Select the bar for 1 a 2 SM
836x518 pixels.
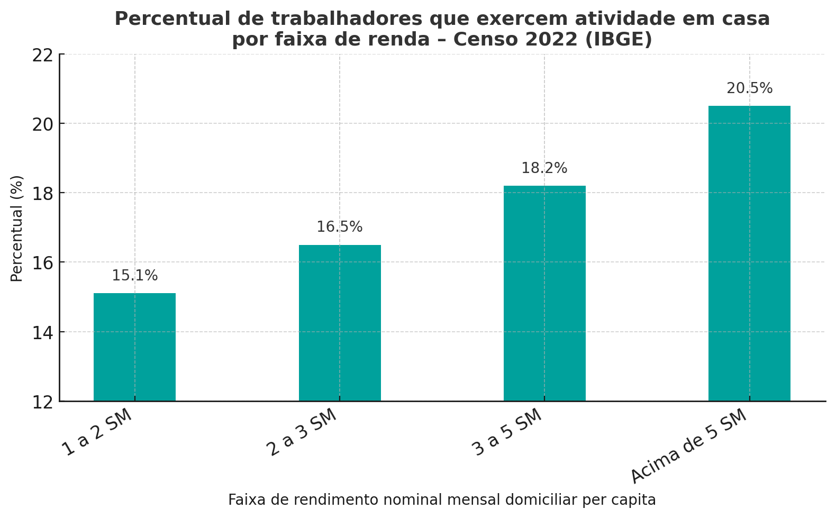pyautogui.click(x=134, y=347)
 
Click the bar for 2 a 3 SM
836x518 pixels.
pyautogui.click(x=340, y=323)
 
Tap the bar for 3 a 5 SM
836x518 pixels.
pyautogui.click(x=544, y=293)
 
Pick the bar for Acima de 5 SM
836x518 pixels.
pyautogui.click(x=749, y=253)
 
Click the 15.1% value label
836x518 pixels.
pyautogui.click(x=134, y=276)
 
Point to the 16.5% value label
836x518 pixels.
pyautogui.click(x=340, y=227)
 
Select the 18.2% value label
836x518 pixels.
pyautogui.click(x=544, y=168)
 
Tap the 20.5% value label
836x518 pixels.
pyautogui.click(x=749, y=88)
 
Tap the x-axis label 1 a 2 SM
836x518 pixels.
pyautogui.click(x=97, y=432)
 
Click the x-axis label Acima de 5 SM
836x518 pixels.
pyautogui.click(x=689, y=446)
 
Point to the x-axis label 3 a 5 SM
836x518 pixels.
pyautogui.click(x=507, y=432)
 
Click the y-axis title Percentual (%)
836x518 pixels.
pyautogui.click(x=17, y=228)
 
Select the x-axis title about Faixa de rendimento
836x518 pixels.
pyautogui.click(x=442, y=500)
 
